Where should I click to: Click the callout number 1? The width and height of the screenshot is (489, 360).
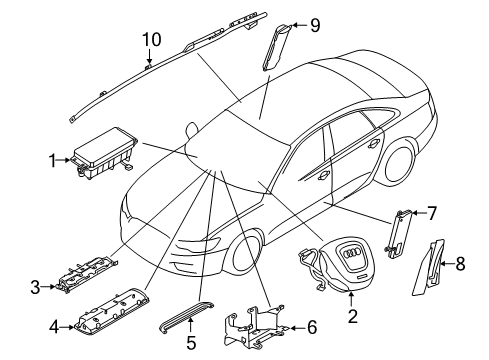pyautogui.click(x=52, y=161)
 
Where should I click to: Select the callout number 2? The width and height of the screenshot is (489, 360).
pyautogui.click(x=352, y=316)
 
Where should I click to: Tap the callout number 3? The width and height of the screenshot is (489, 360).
pyautogui.click(x=35, y=287)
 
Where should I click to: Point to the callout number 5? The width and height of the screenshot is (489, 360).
pyautogui.click(x=191, y=342)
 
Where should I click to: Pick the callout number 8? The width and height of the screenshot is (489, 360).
pyautogui.click(x=460, y=263)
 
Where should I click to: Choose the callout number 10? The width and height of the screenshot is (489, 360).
pyautogui.click(x=152, y=39)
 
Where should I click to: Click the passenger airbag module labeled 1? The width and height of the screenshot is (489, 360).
pyautogui.click(x=104, y=153)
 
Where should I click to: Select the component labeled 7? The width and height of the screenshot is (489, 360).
pyautogui.click(x=399, y=234)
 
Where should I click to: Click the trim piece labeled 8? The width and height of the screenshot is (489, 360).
pyautogui.click(x=430, y=267)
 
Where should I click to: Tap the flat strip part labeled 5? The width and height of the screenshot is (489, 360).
pyautogui.click(x=187, y=316)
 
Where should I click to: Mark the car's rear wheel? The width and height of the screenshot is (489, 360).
pyautogui.click(x=398, y=163)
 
